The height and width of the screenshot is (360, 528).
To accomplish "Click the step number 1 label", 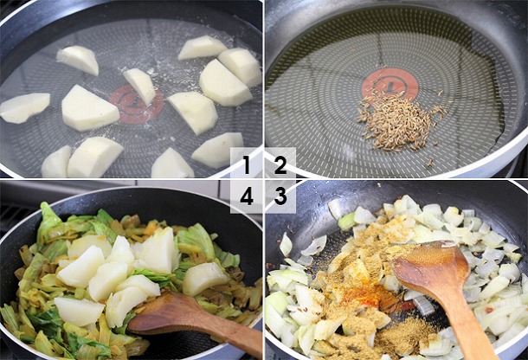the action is click(247, 164).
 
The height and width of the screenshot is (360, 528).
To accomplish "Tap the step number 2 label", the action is click(280, 164).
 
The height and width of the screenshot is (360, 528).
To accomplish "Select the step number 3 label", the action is click(280, 196).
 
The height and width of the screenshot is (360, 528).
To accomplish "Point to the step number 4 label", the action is click(247, 196).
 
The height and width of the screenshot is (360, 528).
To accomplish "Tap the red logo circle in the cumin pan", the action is click(390, 84).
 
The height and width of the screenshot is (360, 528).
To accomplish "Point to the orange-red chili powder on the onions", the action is click(370, 293).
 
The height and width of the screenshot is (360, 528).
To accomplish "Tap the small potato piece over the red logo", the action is click(139, 85).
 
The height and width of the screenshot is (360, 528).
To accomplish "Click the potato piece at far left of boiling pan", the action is click(24, 107).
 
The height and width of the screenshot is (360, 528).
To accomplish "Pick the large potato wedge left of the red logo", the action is click(89, 108).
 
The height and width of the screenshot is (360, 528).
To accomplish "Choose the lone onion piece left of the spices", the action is click(287, 245).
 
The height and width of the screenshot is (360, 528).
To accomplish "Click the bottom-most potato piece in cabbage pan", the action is click(79, 311).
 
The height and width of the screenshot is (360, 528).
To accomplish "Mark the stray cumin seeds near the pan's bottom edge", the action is click(429, 164).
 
